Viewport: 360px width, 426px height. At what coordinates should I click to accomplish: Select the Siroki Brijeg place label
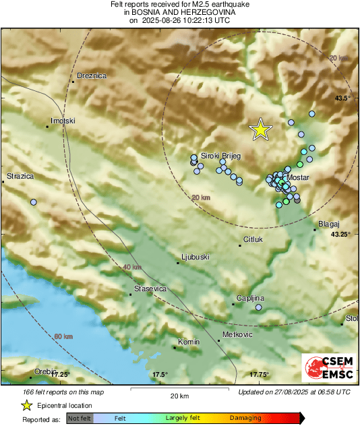click(220, 155)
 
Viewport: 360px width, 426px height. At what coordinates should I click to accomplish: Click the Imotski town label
click(63, 121)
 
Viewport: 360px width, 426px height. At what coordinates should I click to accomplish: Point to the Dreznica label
click(92, 76)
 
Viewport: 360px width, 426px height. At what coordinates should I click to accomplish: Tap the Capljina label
click(250, 298)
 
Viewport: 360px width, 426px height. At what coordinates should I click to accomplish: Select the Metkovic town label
click(237, 335)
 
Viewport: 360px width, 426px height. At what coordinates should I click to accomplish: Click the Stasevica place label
click(150, 288)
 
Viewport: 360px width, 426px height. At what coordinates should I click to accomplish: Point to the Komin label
click(189, 342)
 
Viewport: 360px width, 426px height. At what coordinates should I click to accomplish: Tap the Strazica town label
click(20, 177)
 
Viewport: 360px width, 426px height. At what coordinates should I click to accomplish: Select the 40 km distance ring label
click(132, 268)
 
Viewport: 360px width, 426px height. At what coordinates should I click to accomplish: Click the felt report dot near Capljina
click(259, 307)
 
